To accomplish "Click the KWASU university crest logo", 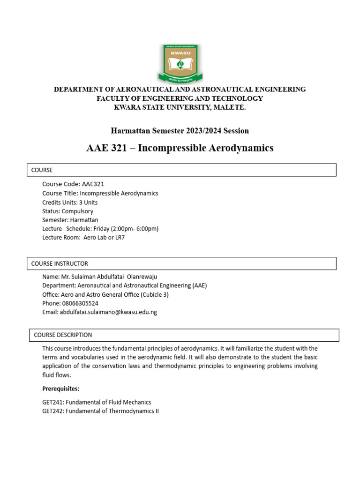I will click(x=180, y=63).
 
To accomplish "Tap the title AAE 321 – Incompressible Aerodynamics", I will click(x=180, y=148).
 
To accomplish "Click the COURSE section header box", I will click(x=181, y=170).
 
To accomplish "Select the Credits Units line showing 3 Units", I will click(x=70, y=202).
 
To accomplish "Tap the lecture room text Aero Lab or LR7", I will click(x=104, y=238).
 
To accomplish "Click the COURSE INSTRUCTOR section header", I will click(x=181, y=263).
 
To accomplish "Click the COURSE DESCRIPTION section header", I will click(x=182, y=335).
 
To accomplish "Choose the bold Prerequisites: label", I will click(x=61, y=389).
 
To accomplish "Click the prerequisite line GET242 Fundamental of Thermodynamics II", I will click(x=101, y=411).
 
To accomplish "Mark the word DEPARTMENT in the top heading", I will click(x=78, y=89).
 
